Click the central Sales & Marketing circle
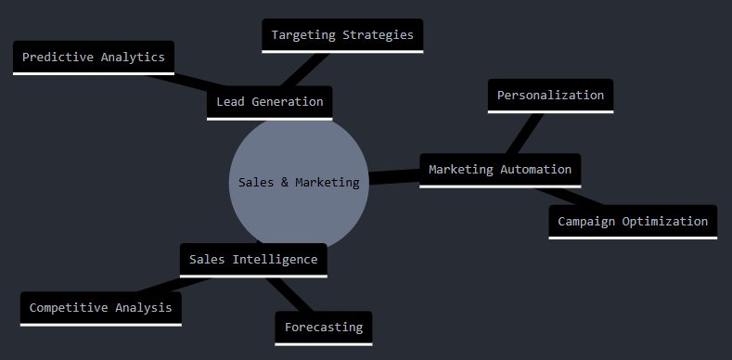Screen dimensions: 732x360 tap(299, 182)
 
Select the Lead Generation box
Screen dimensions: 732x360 tap(269, 103)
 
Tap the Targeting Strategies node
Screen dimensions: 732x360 tap(342, 36)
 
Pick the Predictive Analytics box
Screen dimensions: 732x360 tap(94, 58)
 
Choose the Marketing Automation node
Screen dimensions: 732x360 tap(500, 171)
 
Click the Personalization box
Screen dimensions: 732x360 tap(550, 96)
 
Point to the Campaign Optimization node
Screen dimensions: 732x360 tap(633, 222)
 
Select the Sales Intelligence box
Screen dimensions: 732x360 tap(253, 260)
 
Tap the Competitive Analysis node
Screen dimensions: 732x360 tap(101, 309)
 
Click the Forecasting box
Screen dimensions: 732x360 tap(324, 328)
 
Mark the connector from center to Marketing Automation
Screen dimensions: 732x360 tap(394, 177)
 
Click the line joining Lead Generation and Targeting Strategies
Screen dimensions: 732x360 tap(305, 70)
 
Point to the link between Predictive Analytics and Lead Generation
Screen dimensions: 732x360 tap(186, 81)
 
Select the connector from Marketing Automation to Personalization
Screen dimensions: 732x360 tap(525, 134)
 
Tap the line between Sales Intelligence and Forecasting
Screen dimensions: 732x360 tap(289, 295)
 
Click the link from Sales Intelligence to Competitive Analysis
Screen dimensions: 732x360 tap(173, 285)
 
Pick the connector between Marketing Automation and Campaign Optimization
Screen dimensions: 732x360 tap(570, 197)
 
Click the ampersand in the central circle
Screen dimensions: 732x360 tap(285, 183)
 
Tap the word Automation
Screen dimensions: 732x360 tap(536, 170)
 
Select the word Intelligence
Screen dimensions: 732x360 tap(275, 260)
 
